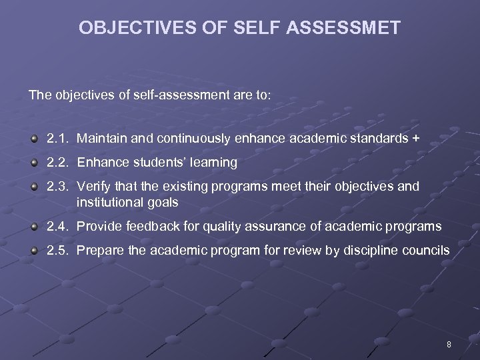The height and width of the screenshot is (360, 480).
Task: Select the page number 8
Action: pyautogui.click(x=449, y=345)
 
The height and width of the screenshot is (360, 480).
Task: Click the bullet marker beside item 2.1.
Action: pyautogui.click(x=34, y=138)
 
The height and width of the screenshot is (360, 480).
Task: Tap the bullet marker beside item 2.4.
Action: pyautogui.click(x=34, y=227)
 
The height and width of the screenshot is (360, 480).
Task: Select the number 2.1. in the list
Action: pyautogui.click(x=59, y=138)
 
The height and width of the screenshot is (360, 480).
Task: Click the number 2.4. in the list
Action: pyautogui.click(x=59, y=227)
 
